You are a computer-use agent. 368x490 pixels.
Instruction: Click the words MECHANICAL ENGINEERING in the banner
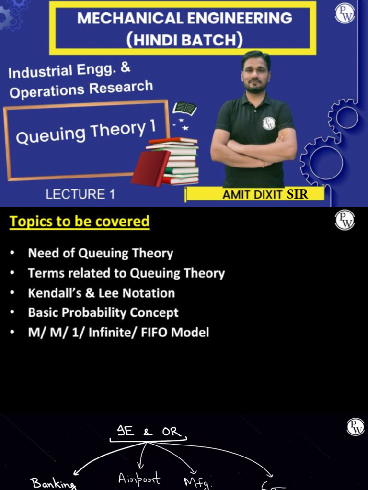[184, 18]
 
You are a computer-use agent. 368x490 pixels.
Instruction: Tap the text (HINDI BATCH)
[184, 39]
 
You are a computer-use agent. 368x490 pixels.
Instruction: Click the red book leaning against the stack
[150, 168]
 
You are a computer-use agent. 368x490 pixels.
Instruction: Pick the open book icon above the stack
[184, 109]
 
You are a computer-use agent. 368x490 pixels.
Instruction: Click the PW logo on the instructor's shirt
[269, 123]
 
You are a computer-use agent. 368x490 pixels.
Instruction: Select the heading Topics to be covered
[80, 222]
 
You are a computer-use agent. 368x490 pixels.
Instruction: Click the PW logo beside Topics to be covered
[345, 220]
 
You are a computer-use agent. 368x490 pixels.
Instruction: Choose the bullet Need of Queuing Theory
[101, 253]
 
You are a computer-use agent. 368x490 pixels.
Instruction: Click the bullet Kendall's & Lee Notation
[101, 293]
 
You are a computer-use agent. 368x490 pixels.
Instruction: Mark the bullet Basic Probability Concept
[103, 312]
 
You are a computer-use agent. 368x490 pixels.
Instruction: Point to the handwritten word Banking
[53, 483]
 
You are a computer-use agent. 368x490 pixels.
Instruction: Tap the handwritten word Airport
[139, 479]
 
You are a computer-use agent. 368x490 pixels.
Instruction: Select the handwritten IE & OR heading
[149, 432]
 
